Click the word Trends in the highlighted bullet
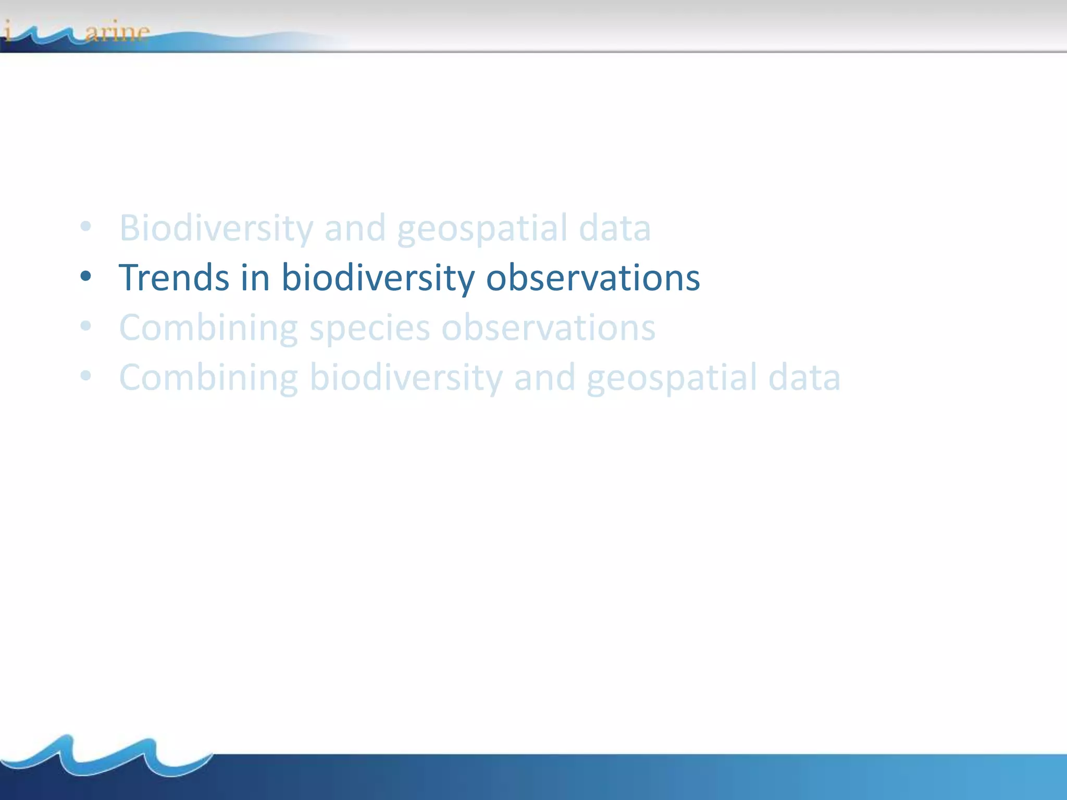(174, 278)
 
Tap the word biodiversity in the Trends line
(378, 278)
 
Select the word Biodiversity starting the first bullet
(216, 228)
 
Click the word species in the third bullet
(369, 328)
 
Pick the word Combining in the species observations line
(208, 328)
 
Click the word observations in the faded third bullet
(548, 328)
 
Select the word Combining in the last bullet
(208, 378)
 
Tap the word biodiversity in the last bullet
(406, 378)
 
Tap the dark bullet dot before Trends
(86, 276)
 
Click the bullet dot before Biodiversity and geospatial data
(86, 227)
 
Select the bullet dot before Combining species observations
(86, 327)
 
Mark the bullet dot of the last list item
(86, 376)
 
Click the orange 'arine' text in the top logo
(117, 32)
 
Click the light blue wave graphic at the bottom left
(104, 755)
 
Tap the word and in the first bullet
(355, 228)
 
